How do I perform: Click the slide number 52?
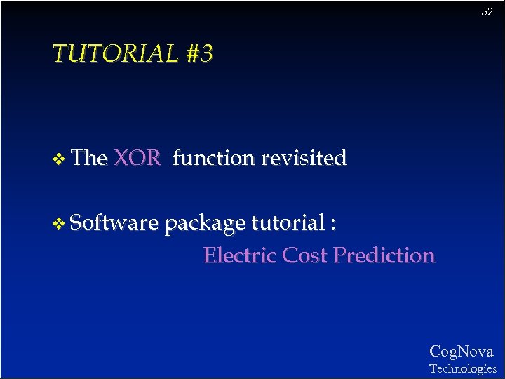pos(487,12)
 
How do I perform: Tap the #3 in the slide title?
pos(199,53)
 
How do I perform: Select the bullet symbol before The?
pos(59,159)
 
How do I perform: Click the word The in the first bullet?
pos(88,158)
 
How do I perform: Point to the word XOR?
pos(137,158)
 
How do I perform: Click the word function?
pos(213,158)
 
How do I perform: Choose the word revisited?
pos(304,158)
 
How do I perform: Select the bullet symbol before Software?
pos(59,224)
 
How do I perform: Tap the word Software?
pos(115,222)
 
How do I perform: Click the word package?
pos(205,224)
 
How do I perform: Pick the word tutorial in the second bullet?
pos(288,222)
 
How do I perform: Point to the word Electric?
pos(240,255)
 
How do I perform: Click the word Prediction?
pos(384,255)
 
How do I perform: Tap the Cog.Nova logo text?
pos(461,351)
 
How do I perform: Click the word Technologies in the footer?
pos(462,368)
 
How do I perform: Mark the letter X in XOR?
pos(121,158)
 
